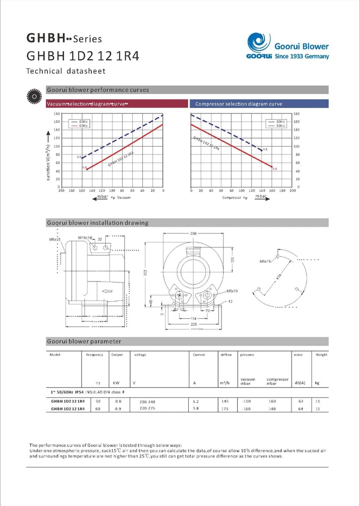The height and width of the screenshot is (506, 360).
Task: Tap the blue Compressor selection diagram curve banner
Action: pyautogui.click(x=258, y=104)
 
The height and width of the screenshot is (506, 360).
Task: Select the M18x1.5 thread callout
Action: pyautogui.click(x=85, y=238)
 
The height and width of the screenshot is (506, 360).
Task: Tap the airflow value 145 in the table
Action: pyautogui.click(x=226, y=401)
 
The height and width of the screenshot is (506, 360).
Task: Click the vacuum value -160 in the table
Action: pyautogui.click(x=246, y=409)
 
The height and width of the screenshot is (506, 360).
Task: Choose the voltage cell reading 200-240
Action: pyautogui.click(x=148, y=402)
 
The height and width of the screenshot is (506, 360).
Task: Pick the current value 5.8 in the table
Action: pyautogui.click(x=196, y=409)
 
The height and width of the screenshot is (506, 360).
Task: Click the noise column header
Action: pyautogui.click(x=298, y=355)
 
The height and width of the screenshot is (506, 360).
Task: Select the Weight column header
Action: pyautogui.click(x=321, y=355)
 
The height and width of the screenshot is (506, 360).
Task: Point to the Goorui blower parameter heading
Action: pyautogui.click(x=84, y=341)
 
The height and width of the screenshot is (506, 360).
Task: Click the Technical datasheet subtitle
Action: pyautogui.click(x=66, y=71)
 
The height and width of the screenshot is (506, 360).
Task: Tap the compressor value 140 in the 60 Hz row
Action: pyautogui.click(x=272, y=409)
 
